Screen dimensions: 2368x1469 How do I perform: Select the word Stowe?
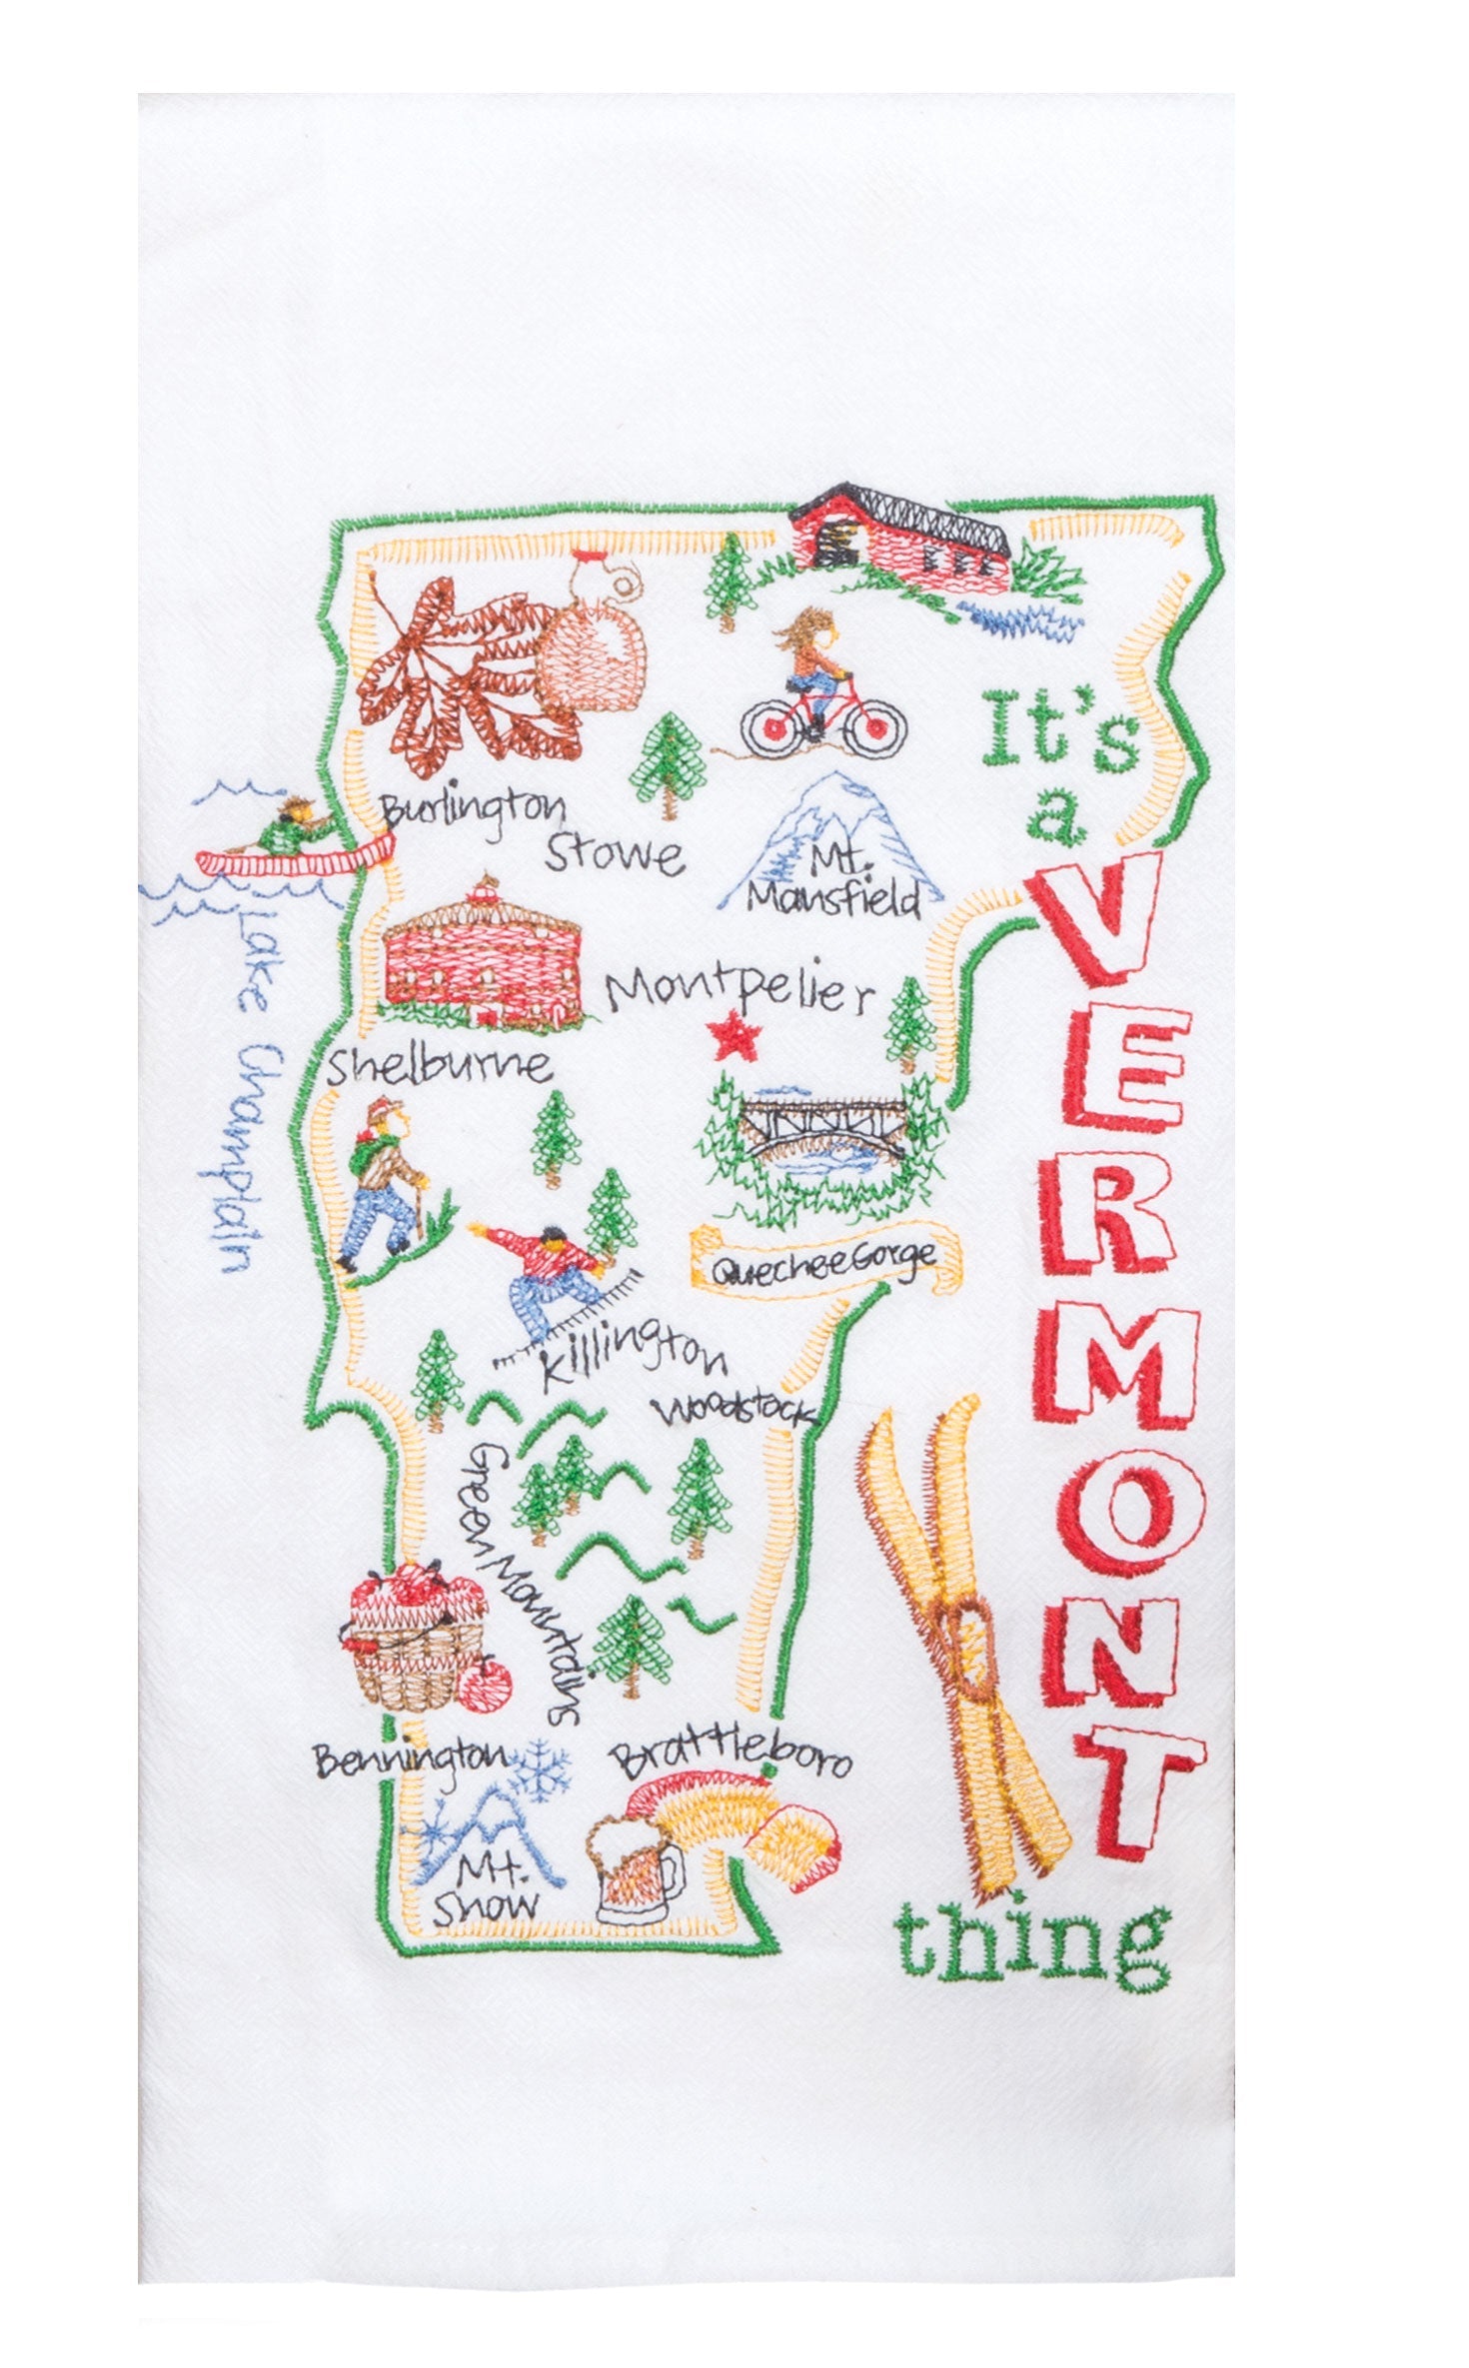(x=613, y=853)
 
